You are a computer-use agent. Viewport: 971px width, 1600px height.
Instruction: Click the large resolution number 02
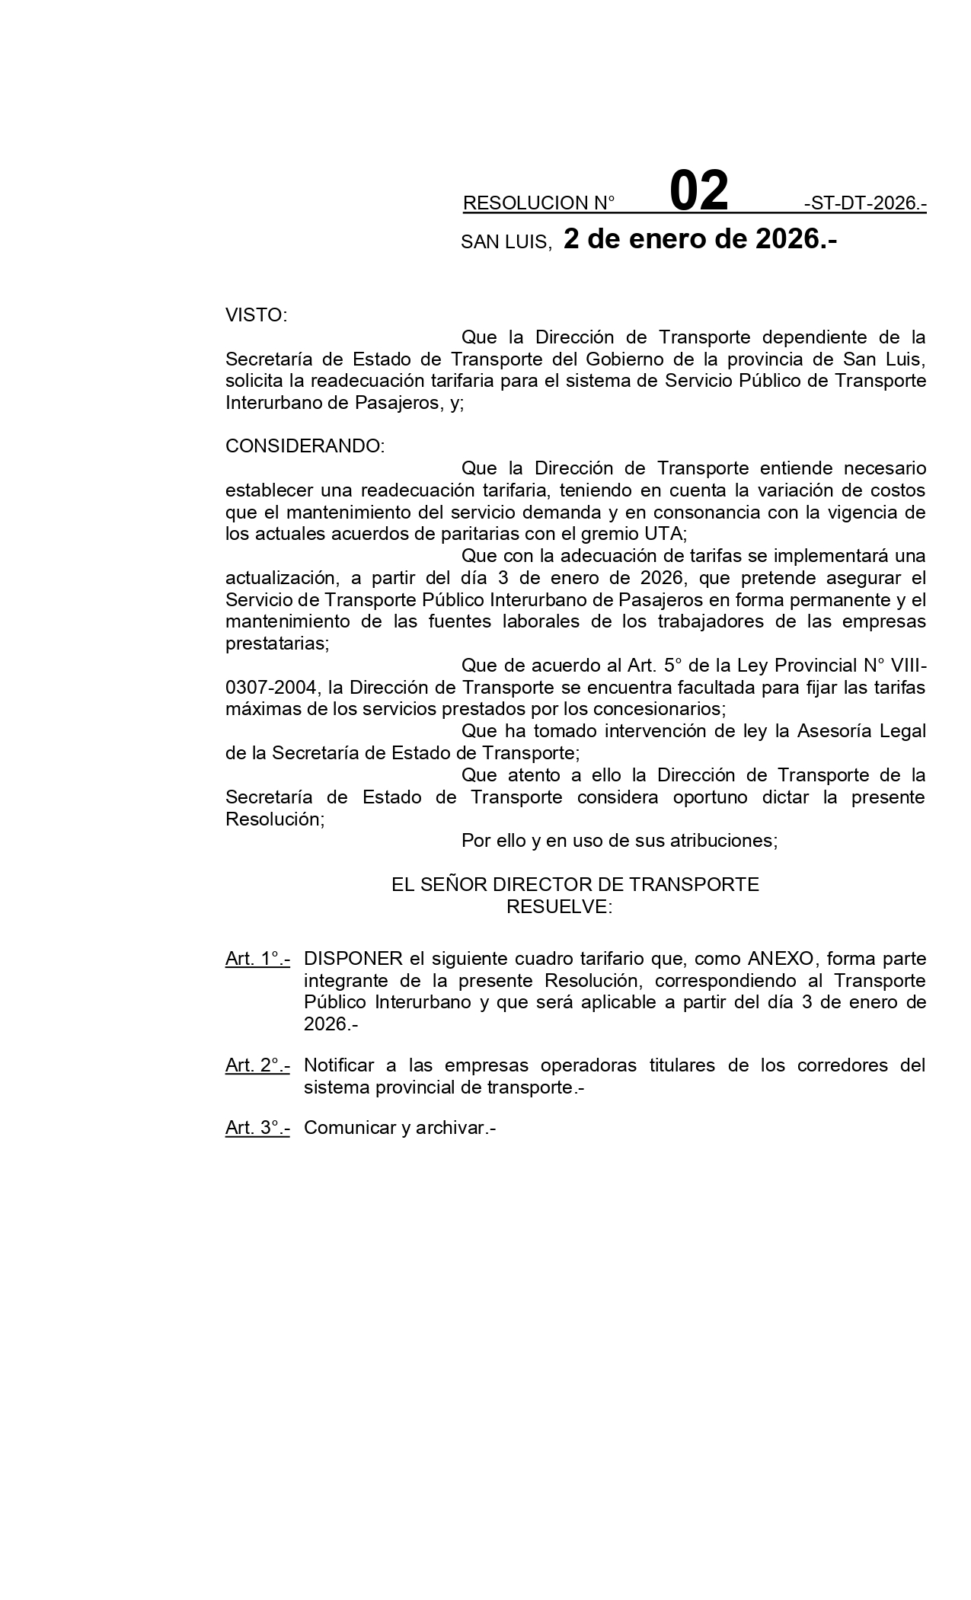tap(698, 192)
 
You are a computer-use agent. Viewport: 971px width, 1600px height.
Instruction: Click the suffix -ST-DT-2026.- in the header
tap(864, 203)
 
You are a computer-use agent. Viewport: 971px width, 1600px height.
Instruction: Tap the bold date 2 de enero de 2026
tap(700, 239)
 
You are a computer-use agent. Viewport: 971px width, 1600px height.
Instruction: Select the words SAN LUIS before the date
tap(505, 243)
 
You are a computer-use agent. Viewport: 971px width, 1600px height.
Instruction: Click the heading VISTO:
tap(256, 315)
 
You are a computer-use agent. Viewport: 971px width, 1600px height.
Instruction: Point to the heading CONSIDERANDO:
tap(305, 446)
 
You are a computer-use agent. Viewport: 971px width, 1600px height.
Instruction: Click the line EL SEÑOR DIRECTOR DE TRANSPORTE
tap(575, 884)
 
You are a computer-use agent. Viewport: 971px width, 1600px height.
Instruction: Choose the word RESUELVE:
tap(559, 906)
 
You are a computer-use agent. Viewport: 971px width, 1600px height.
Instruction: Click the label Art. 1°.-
tap(257, 959)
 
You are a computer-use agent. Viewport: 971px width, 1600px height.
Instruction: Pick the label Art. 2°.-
tap(257, 1065)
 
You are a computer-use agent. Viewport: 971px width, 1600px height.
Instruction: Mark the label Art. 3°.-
tap(257, 1128)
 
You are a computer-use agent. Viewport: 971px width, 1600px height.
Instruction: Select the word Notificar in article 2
tap(349, 1065)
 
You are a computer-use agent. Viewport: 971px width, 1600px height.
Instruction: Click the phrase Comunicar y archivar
tap(399, 1128)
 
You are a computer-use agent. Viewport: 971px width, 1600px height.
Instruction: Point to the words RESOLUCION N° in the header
tap(538, 203)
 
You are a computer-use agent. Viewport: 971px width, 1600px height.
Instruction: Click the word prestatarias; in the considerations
tap(277, 644)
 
